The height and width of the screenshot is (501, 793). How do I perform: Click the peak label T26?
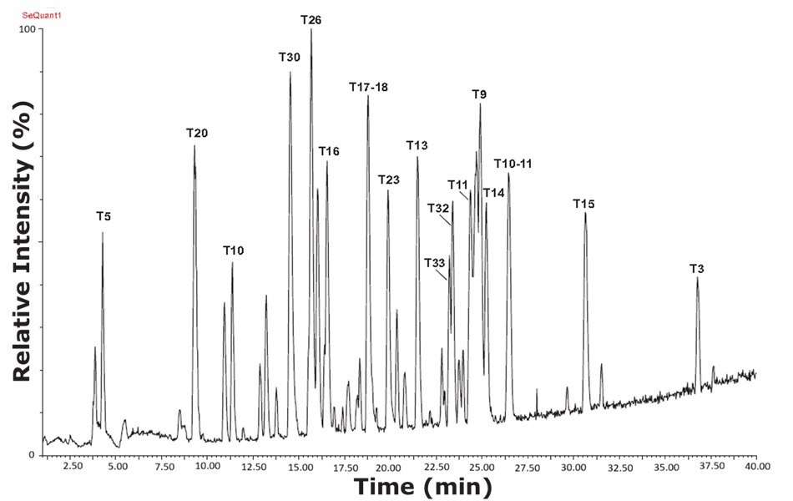(311, 18)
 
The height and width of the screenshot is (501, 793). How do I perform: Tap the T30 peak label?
(290, 57)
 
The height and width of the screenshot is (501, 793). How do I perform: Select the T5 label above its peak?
(104, 216)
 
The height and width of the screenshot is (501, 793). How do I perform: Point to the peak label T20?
(197, 133)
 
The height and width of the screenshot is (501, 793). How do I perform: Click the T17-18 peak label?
(368, 87)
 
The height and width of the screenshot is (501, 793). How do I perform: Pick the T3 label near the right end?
(697, 268)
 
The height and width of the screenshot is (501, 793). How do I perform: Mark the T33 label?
(434, 263)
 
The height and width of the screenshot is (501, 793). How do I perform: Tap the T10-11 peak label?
(513, 163)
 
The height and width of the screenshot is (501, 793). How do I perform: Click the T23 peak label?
(389, 180)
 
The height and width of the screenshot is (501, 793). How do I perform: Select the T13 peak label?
(417, 145)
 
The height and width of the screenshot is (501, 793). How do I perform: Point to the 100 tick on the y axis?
(28, 29)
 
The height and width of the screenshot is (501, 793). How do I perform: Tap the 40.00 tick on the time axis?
(756, 466)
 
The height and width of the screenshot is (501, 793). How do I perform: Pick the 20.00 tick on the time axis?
(389, 466)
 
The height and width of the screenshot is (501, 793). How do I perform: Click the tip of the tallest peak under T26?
(311, 30)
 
